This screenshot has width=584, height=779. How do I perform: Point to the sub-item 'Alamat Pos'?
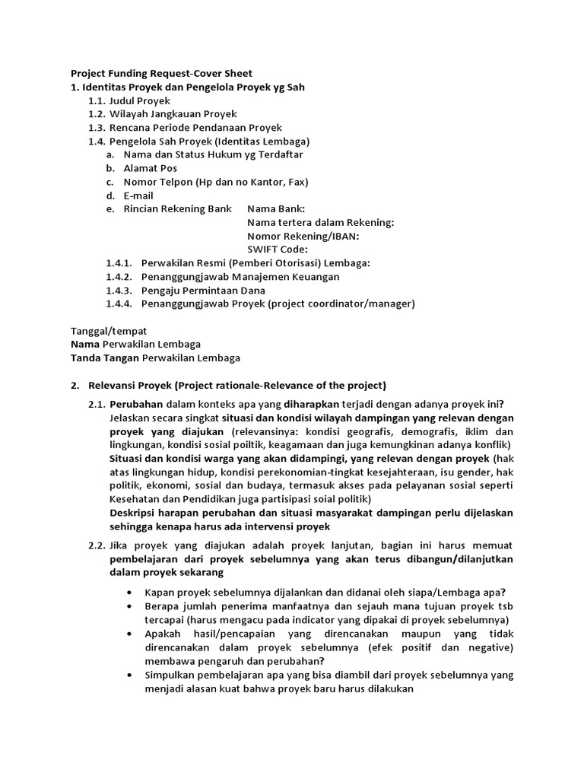(150, 168)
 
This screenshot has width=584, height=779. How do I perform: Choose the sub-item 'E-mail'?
(138, 196)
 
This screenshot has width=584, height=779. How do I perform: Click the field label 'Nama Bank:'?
(276, 208)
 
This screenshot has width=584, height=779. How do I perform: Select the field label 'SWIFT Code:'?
(278, 250)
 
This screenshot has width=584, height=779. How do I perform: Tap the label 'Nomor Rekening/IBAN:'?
(303, 236)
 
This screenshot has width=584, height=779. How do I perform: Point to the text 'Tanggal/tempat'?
(108, 331)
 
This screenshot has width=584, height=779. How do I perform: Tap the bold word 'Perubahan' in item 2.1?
(135, 403)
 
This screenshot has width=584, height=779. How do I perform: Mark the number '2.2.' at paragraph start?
(96, 546)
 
